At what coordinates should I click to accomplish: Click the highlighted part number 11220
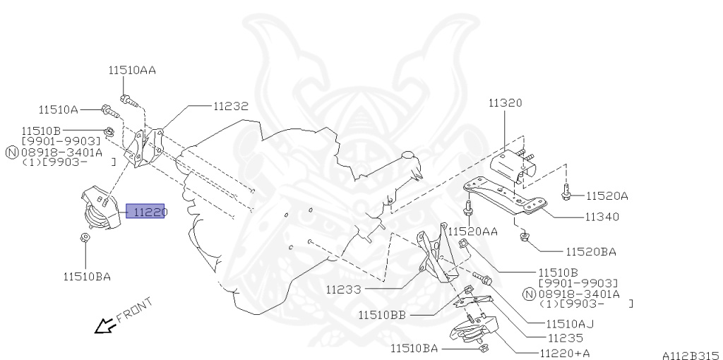coord(145,211)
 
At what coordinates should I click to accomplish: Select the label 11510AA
coord(132,71)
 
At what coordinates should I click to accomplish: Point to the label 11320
coord(505,103)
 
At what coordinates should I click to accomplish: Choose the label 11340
coord(602,217)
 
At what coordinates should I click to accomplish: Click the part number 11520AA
coord(473,231)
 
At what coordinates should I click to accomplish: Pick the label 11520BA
coord(590,251)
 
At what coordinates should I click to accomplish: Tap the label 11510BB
coord(381,315)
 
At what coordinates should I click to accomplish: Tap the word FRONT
coord(133,311)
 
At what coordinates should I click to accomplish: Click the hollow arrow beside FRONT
coord(105,325)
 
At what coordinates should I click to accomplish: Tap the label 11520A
coord(607,196)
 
